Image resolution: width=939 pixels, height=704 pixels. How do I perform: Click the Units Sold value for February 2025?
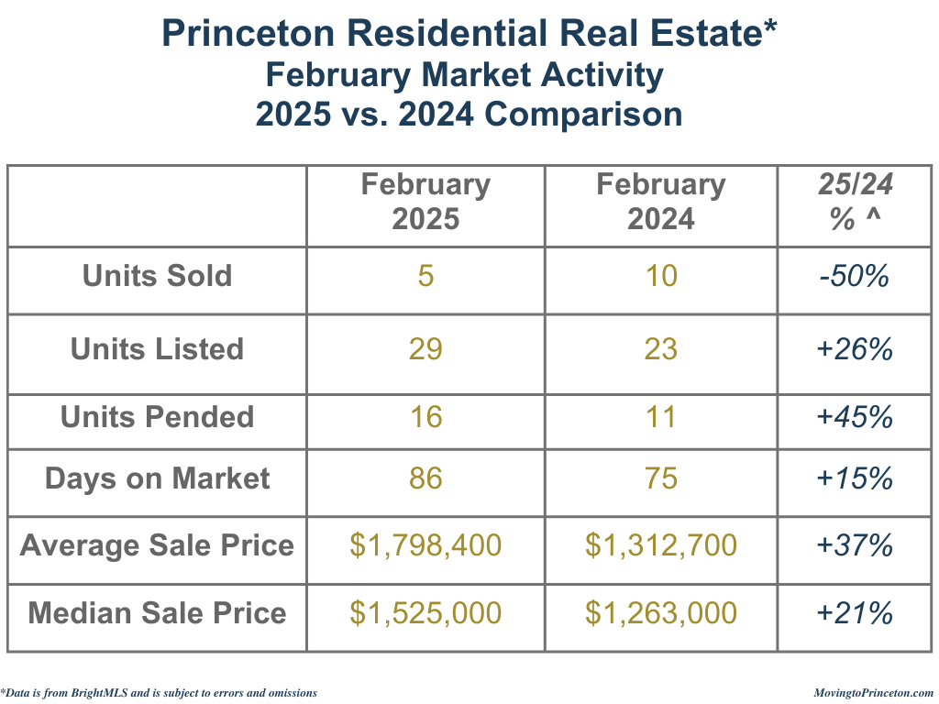point(425,276)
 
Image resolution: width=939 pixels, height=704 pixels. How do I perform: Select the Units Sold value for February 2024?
point(661,276)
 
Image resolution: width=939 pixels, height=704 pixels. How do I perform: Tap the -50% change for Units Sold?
point(855,276)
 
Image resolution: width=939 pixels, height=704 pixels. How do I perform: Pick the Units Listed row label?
point(157,349)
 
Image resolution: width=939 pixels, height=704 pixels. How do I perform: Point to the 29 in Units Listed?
point(425,349)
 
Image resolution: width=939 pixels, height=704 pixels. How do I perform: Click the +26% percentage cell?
point(855,349)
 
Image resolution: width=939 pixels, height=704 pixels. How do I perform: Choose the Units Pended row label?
point(157,417)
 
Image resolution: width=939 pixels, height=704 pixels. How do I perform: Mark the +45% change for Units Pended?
point(855,417)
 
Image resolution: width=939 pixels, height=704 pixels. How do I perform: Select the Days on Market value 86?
point(425,478)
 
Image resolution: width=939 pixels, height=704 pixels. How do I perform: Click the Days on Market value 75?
point(661,478)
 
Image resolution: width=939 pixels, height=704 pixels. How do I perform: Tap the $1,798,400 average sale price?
point(425,545)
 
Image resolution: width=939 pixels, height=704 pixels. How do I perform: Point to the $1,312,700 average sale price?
point(661,545)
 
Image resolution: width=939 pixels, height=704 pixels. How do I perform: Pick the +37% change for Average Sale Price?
point(855,545)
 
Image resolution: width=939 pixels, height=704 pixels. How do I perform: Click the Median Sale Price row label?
point(157,612)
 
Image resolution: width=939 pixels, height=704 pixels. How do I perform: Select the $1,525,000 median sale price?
point(425,612)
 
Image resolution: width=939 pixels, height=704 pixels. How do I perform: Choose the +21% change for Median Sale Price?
point(855,612)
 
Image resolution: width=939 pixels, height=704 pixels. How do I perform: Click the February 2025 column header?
point(425,202)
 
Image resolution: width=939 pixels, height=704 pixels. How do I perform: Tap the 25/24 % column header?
point(855,202)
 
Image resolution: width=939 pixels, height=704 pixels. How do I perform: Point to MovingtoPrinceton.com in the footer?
point(873,693)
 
